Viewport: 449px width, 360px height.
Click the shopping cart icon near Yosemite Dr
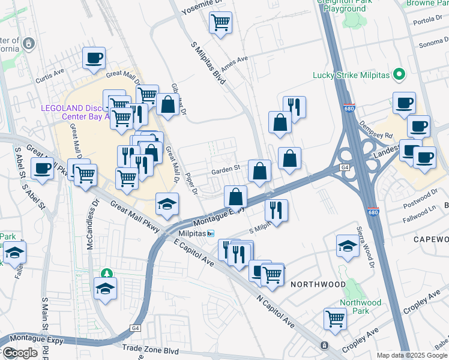click(x=220, y=23)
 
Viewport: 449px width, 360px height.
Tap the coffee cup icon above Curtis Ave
click(x=94, y=58)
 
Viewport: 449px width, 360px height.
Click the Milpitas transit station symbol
click(x=211, y=233)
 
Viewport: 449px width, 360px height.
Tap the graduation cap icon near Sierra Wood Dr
click(x=348, y=245)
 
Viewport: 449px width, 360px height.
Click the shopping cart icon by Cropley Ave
click(x=335, y=319)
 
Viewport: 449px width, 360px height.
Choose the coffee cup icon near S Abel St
click(x=42, y=169)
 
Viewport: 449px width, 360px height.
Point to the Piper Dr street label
click(x=191, y=184)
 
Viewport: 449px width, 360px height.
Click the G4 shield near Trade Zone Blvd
click(x=136, y=328)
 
